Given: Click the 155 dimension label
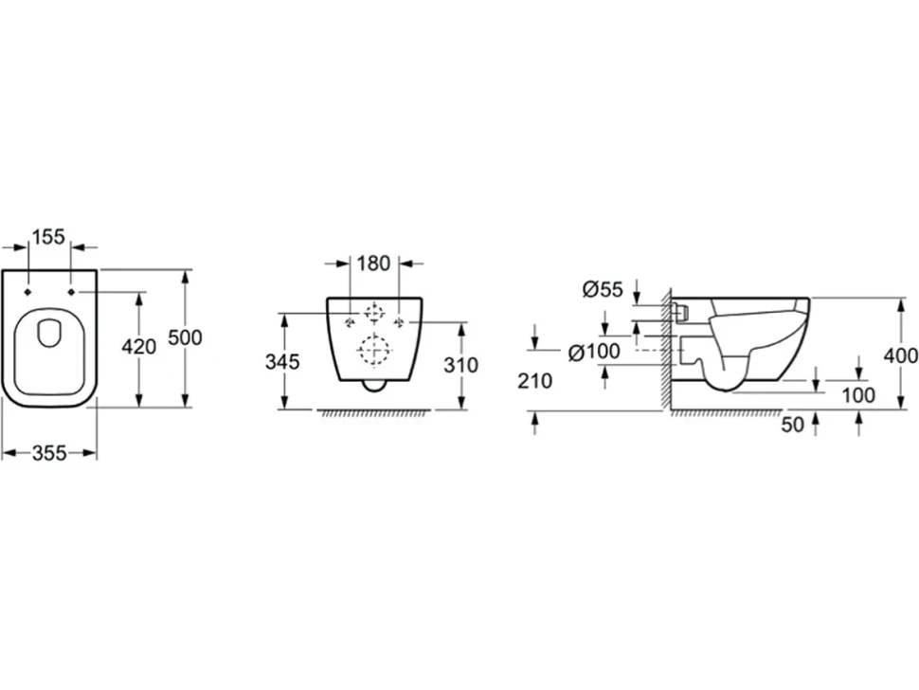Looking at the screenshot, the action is (x=48, y=237).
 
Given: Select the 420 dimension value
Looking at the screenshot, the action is (x=139, y=347).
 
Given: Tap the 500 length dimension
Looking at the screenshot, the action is (x=185, y=337).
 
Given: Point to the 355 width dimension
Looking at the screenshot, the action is (x=49, y=452).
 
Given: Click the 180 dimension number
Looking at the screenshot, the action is (x=373, y=263).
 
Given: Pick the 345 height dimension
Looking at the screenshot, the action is (x=282, y=362).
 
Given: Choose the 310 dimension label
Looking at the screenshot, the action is (x=460, y=365).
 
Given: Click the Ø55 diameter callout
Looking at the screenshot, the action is (x=603, y=289).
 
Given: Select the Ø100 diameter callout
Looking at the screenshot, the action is (x=594, y=352).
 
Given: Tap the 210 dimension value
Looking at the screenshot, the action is (x=534, y=381).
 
